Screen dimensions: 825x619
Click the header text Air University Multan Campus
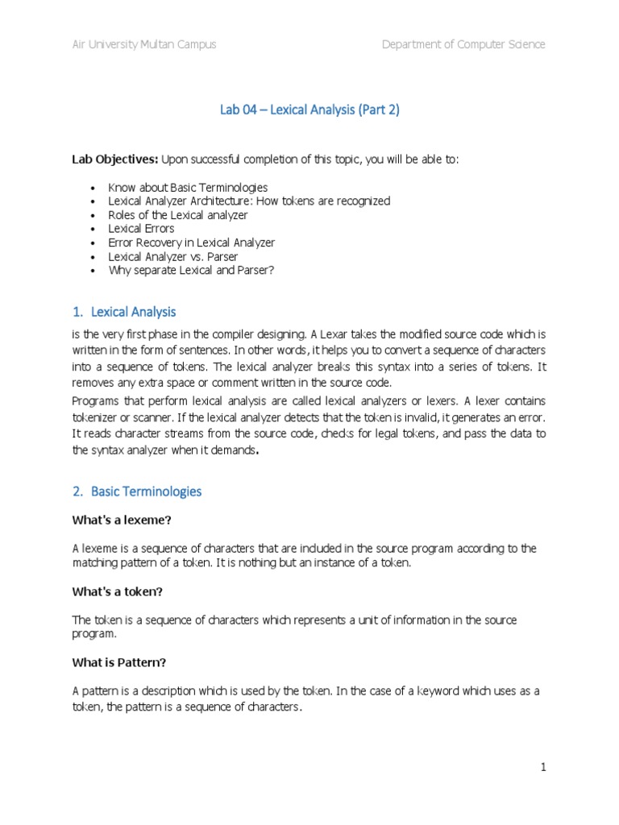tap(144, 44)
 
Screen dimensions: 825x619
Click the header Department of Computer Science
tap(463, 44)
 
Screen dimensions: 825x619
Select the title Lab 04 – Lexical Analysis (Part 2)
tap(309, 110)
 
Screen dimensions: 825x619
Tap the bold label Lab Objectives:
tap(114, 160)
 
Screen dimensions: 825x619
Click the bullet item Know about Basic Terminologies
tap(188, 187)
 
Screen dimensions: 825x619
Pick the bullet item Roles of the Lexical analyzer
tap(177, 215)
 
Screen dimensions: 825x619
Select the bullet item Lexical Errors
tap(141, 229)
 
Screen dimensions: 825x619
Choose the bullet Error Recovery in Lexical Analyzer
tap(191, 243)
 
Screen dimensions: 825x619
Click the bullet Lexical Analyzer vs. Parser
tap(173, 256)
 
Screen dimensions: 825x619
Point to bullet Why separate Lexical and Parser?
tap(191, 270)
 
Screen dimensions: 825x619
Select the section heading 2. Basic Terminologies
tap(137, 491)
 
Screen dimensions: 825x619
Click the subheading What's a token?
tap(117, 591)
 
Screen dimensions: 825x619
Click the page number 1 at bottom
tap(543, 768)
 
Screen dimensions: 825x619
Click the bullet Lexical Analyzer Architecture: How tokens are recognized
tap(249, 201)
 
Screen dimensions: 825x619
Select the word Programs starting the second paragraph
tap(95, 401)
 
